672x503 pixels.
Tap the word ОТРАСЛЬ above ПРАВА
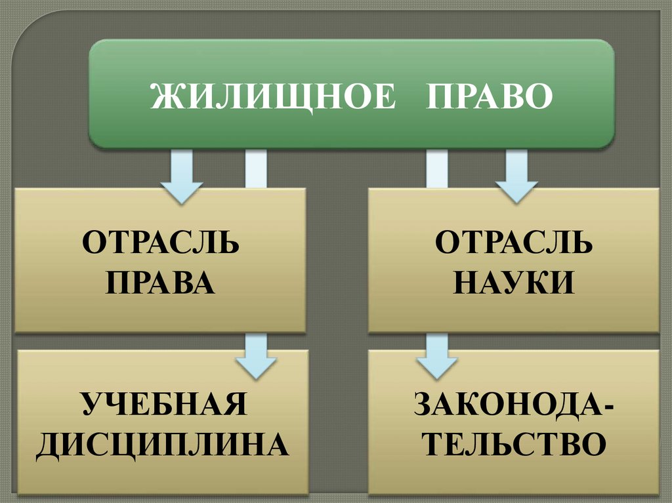click(161, 244)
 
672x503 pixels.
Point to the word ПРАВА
click(161, 283)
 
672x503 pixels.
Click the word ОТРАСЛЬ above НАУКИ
click(514, 244)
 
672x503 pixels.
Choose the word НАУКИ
click(514, 283)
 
